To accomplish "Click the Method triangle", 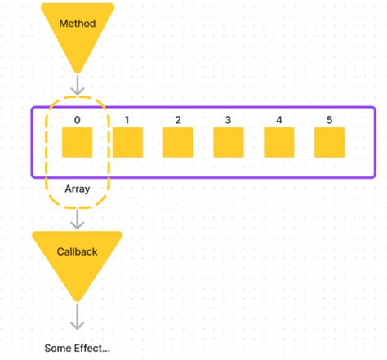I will pos(77,33).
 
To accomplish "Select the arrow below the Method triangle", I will pos(77,85).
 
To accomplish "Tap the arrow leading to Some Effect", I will pos(77,318).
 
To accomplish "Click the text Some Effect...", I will pos(77,349).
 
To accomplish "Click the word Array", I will pos(77,188).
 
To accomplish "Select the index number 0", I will pos(77,120).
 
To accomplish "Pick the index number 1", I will pos(127,120).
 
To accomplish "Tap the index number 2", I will pos(178,120).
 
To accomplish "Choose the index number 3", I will pos(228,120).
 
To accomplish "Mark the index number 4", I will pos(278,120).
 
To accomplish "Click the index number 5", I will pos(329,120).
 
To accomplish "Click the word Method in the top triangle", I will pos(77,24).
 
